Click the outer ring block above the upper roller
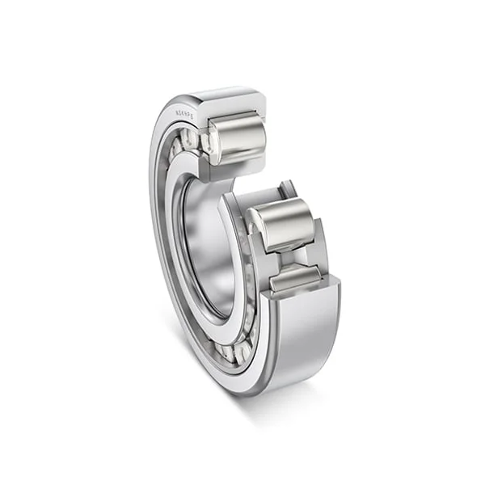(x=234, y=101)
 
